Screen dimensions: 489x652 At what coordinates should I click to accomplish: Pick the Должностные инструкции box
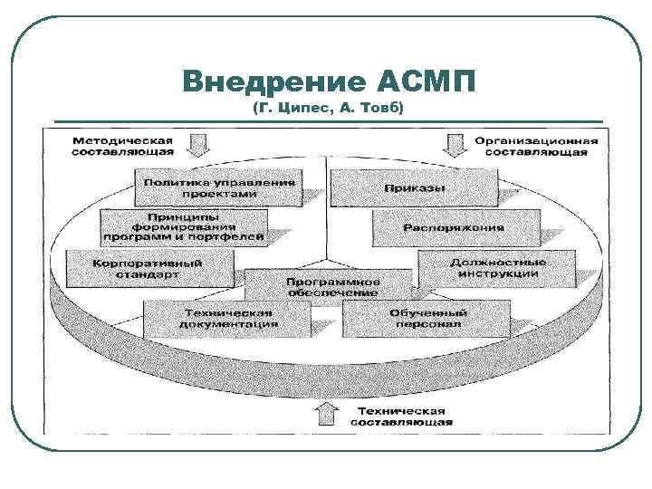[496, 268]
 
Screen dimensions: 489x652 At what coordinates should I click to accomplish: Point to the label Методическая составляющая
[124, 147]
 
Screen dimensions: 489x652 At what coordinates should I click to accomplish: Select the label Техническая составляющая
[400, 417]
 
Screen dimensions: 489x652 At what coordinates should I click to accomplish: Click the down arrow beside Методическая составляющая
[199, 145]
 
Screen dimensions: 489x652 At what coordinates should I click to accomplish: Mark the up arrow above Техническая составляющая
[321, 415]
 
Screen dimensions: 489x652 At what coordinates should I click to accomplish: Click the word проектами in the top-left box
[218, 194]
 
